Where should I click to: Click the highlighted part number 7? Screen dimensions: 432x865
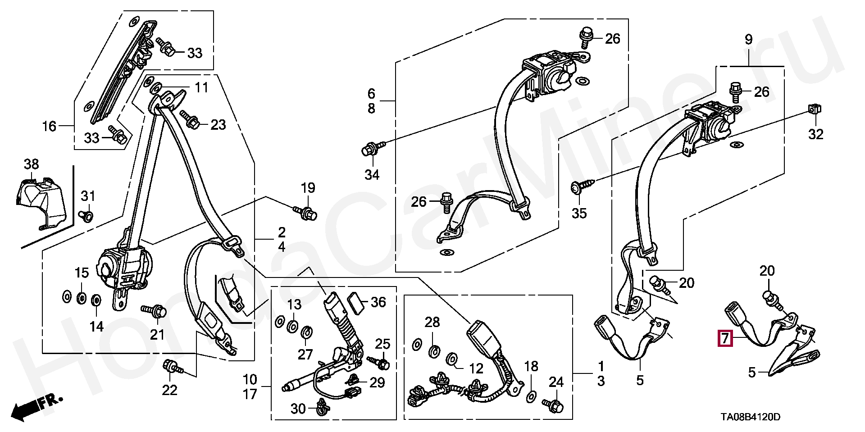[x=725, y=338]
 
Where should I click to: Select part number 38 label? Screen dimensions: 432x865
[x=32, y=164]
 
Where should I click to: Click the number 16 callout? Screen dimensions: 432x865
[x=49, y=126]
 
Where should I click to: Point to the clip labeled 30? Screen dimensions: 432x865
[x=323, y=407]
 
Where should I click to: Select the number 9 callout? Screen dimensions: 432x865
[x=748, y=39]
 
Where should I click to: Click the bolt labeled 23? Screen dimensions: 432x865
[x=191, y=120]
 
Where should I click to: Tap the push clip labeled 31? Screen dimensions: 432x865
[x=86, y=216]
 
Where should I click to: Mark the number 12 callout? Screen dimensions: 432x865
[x=476, y=368]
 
